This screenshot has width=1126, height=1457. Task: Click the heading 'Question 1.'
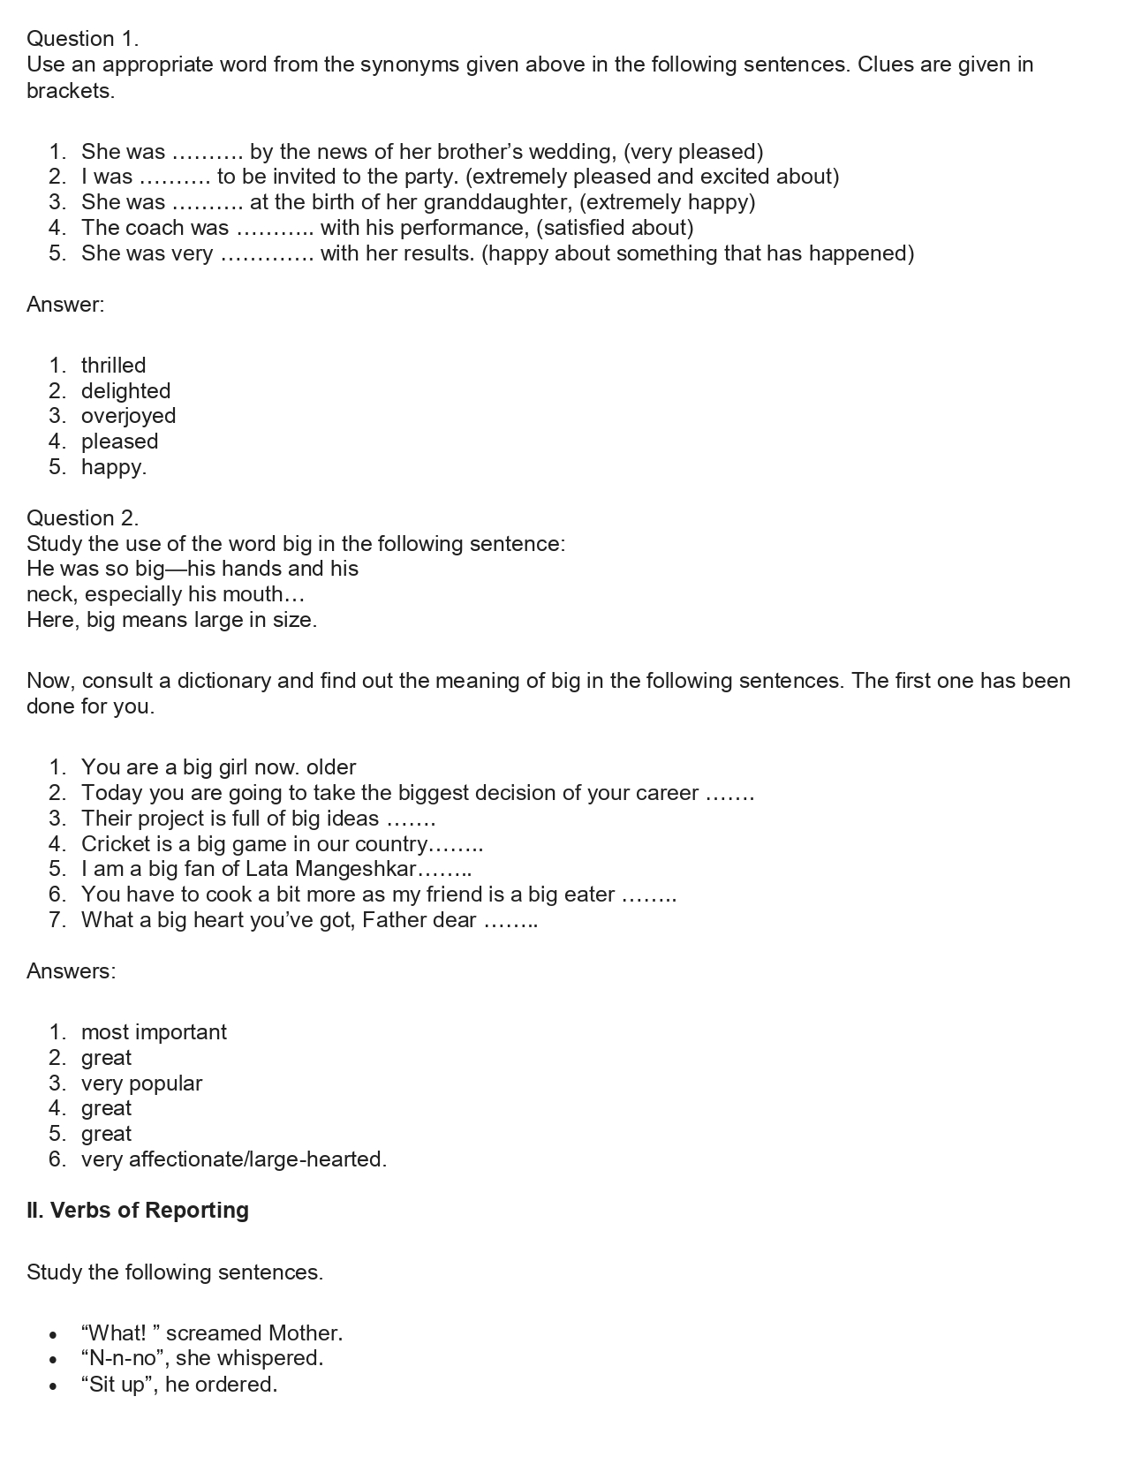[82, 39]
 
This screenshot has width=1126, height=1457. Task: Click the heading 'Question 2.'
[82, 518]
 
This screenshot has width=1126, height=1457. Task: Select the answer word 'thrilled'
[113, 366]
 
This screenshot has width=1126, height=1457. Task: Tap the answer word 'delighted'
[125, 391]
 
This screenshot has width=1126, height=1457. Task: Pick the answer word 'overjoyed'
[128, 416]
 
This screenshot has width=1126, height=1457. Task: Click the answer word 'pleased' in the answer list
[119, 442]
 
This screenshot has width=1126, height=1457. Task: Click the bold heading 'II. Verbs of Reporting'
[138, 1211]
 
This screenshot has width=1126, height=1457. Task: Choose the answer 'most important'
[154, 1032]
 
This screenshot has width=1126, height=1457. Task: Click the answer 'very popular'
[141, 1083]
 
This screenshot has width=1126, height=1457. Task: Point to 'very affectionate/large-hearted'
[233, 1159]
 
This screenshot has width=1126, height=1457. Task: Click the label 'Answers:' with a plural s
[71, 971]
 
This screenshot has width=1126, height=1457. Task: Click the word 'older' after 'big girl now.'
[331, 767]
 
